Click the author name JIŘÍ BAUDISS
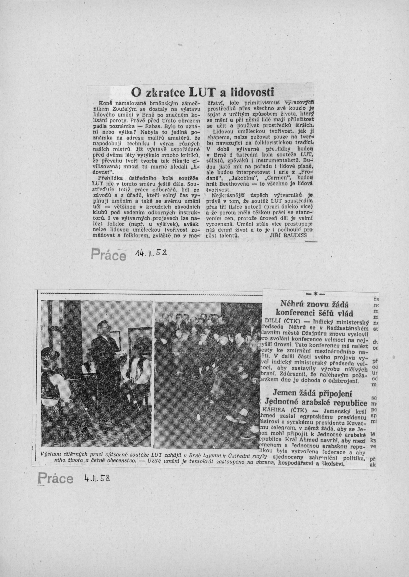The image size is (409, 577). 288,235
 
